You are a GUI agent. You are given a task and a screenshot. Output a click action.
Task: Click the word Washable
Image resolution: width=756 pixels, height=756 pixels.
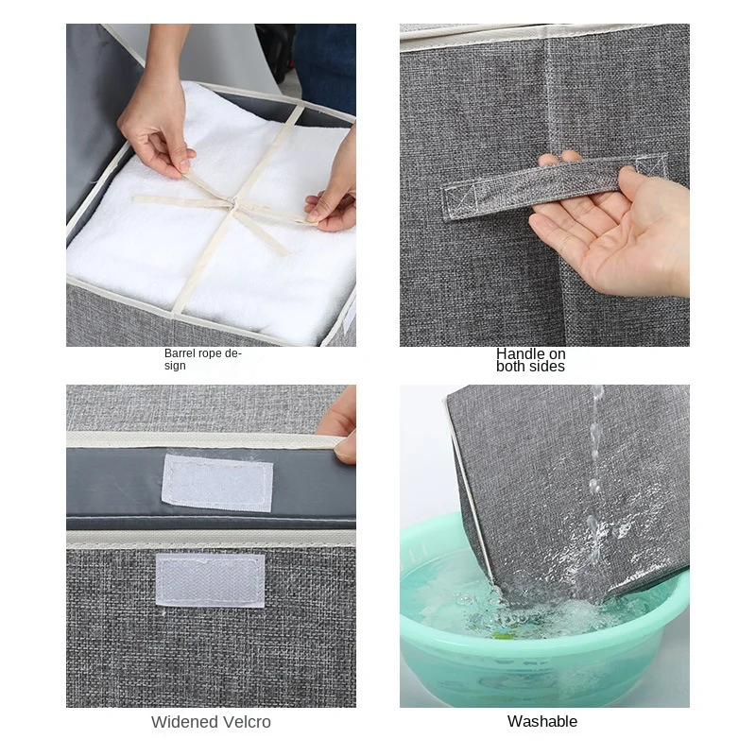point(541,721)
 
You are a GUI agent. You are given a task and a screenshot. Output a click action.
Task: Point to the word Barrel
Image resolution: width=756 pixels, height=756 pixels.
point(180,353)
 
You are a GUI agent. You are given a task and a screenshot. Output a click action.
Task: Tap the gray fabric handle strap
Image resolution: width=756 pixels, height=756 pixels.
point(555,186)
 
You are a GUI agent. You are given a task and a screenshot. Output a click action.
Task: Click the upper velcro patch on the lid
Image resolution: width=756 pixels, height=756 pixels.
point(217,482)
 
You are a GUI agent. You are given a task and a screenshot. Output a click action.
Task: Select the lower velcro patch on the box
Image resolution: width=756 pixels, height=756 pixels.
point(210,580)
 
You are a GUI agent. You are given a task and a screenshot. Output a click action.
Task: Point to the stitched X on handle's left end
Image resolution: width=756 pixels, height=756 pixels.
point(458,199)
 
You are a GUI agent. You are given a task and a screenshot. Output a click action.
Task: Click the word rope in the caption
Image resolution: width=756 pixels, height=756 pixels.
point(210,354)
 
